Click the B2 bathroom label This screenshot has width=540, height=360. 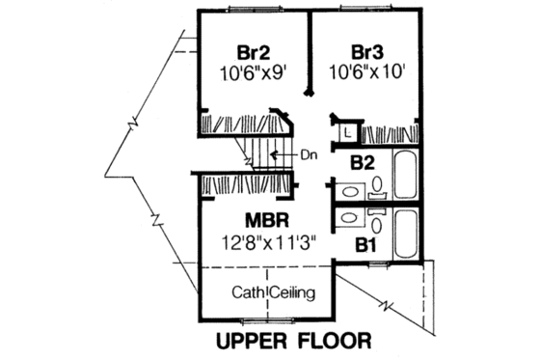(x=363, y=163)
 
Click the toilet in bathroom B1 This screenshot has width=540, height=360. (x=379, y=223)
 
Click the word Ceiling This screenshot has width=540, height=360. (x=294, y=291)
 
